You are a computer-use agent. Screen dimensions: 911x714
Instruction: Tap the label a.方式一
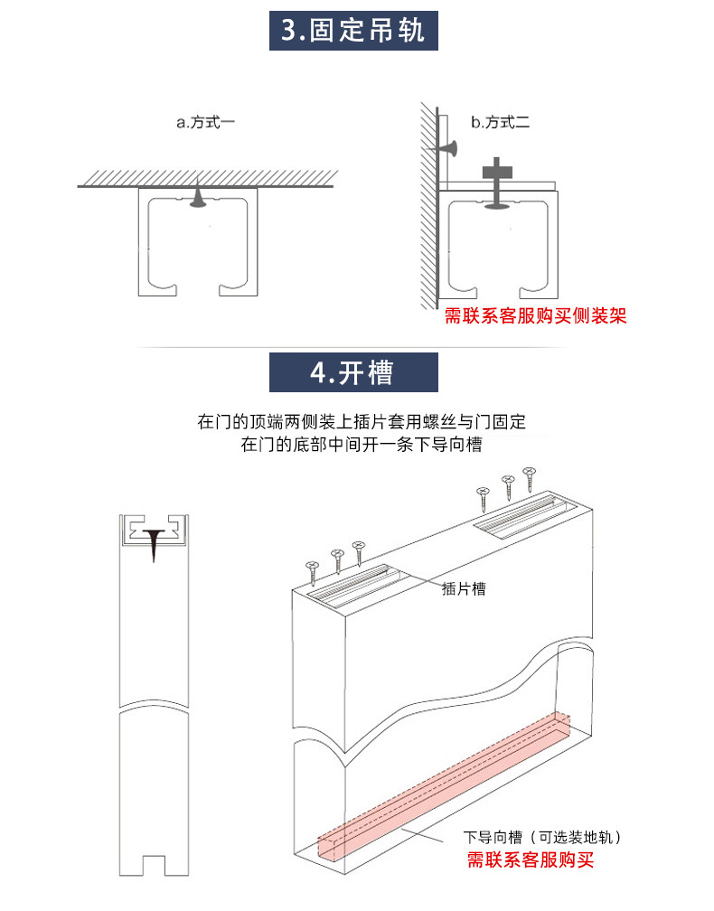coord(205,122)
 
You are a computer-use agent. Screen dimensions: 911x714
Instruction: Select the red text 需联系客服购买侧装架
coord(535,316)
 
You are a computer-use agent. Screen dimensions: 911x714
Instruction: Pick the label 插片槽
coord(464,588)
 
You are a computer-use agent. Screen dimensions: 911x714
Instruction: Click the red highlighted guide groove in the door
coord(443,777)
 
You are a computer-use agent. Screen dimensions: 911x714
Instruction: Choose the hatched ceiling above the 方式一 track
coord(206,175)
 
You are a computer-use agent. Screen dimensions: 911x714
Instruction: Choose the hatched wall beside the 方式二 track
coord(426,208)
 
